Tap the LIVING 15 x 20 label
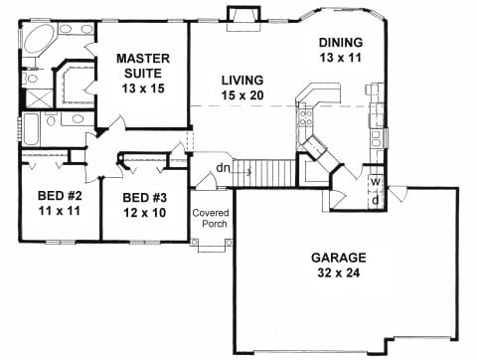point(242,88)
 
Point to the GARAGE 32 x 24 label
point(339,265)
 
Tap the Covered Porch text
point(211,218)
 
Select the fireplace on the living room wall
point(243,19)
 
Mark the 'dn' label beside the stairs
point(223,168)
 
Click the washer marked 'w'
point(376,181)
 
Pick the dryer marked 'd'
point(376,200)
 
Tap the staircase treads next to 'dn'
point(264,173)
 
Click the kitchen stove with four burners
point(305,118)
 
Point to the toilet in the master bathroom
point(31,79)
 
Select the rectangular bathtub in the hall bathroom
point(31,130)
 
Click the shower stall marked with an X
point(39,98)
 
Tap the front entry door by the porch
point(207,182)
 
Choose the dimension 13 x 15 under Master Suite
point(143,89)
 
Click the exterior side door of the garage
point(397,194)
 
